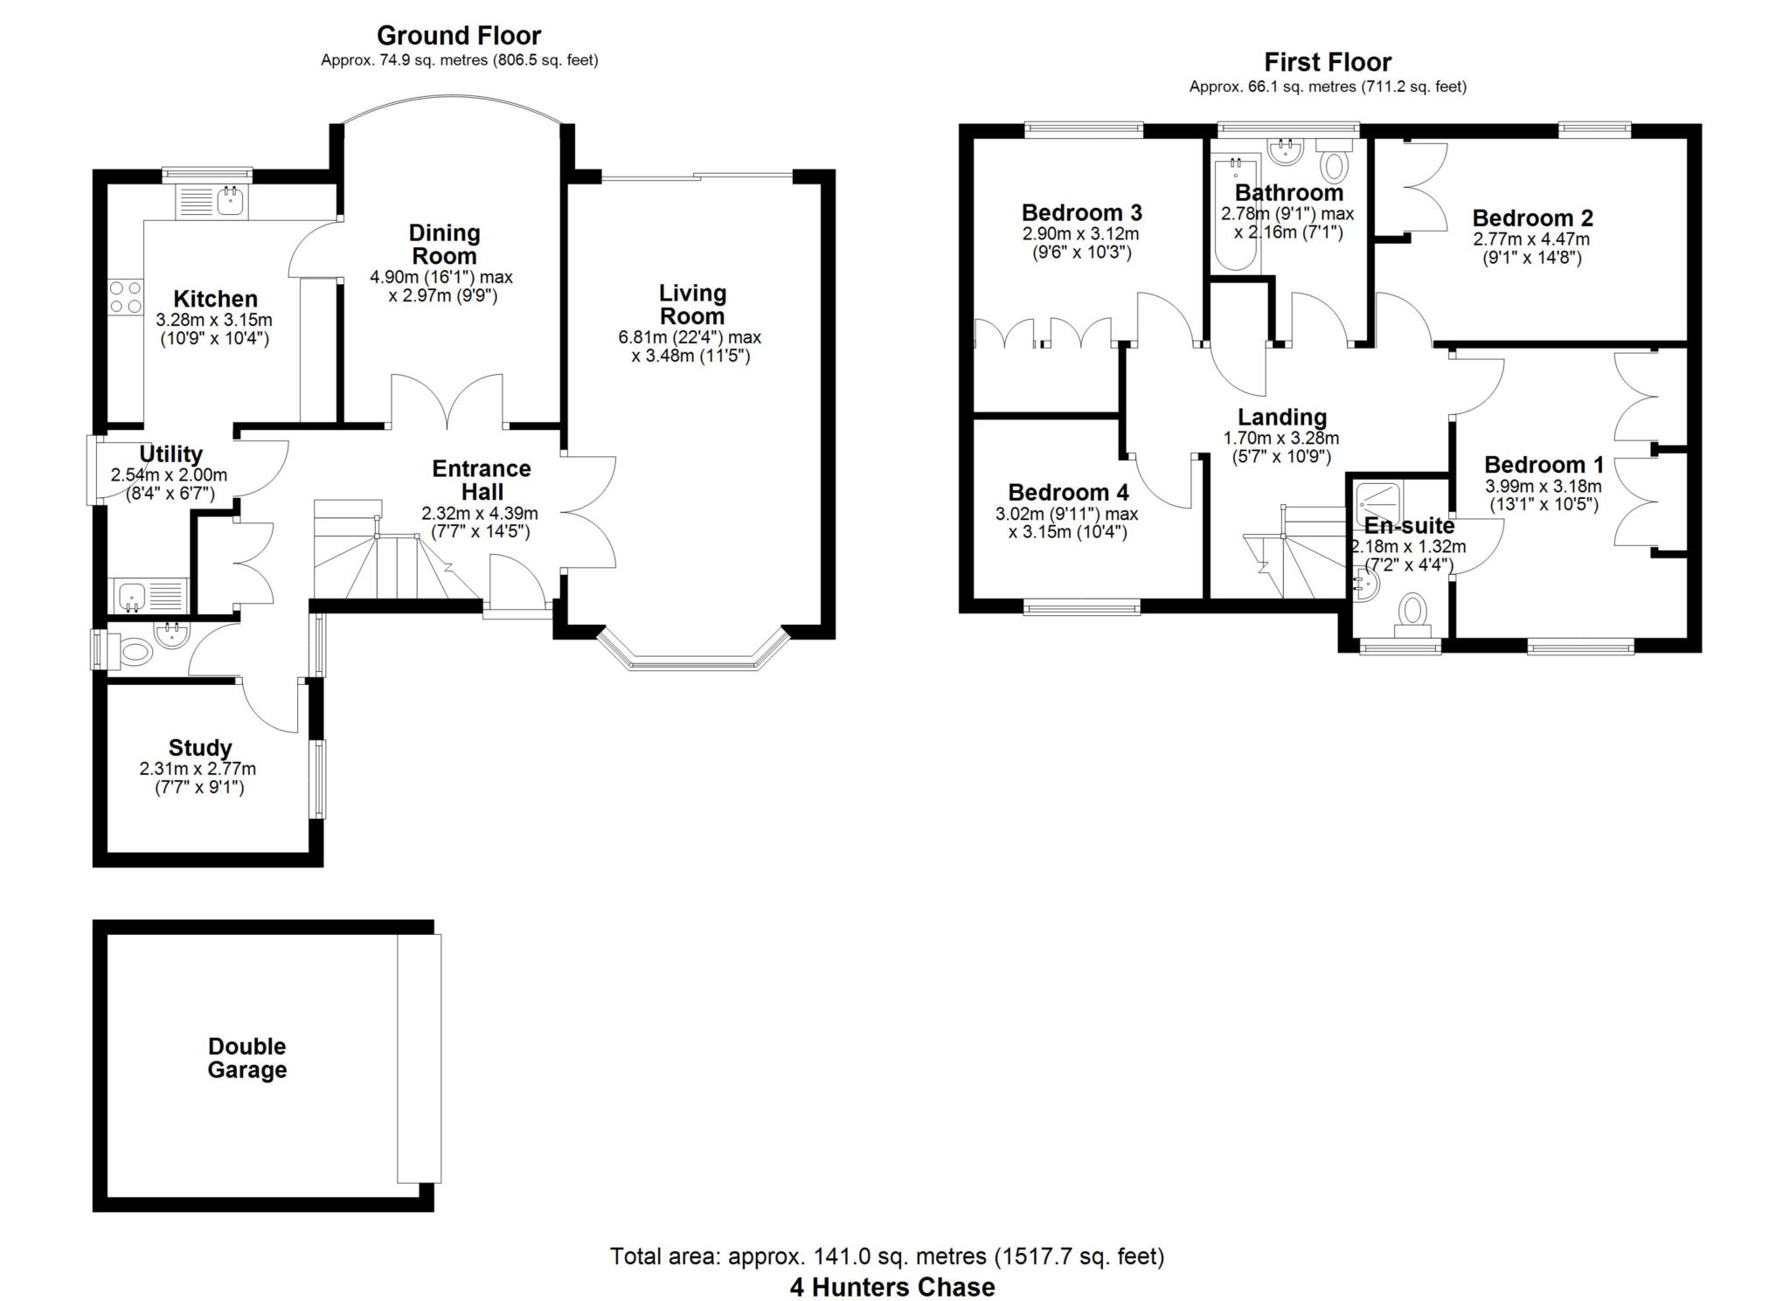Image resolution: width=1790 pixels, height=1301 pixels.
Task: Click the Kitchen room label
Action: point(215,299)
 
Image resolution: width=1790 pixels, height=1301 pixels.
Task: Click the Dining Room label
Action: point(445,245)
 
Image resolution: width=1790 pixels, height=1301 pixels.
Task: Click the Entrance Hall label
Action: point(481,481)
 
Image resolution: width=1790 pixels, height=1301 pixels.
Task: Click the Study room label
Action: point(200,748)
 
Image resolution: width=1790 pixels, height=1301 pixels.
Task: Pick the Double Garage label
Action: point(246,1058)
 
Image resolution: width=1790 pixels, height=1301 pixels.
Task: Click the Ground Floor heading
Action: point(458,36)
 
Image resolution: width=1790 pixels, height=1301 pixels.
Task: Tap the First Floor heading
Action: point(1327,62)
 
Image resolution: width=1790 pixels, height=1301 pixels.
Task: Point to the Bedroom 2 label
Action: point(1532,218)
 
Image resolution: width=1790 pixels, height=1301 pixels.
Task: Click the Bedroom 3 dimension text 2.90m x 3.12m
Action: point(1081,234)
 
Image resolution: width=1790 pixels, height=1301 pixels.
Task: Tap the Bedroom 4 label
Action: point(1068,492)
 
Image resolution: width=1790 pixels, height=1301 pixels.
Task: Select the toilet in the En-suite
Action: point(1412,613)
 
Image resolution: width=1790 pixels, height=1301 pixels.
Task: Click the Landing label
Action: point(1281,418)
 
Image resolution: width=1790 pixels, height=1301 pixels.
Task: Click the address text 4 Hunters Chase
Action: point(892,1287)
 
